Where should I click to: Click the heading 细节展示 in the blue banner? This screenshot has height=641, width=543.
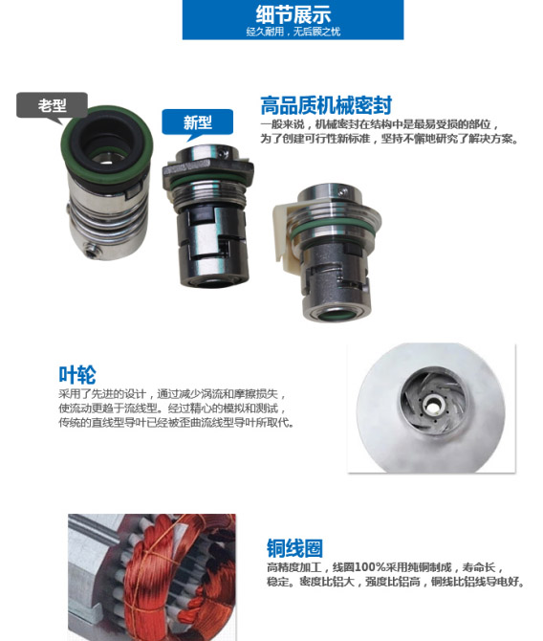(x=293, y=14)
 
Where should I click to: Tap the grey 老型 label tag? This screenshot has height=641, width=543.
(x=52, y=105)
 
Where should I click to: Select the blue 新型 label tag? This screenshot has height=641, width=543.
(x=197, y=122)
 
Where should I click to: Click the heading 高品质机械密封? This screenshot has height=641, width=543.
(x=326, y=105)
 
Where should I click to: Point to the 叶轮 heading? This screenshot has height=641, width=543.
(x=77, y=374)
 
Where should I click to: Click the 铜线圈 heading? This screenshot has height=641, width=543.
(x=294, y=548)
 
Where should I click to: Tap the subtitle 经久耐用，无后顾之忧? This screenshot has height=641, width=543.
(x=293, y=32)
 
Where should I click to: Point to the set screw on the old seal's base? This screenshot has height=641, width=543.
(x=90, y=250)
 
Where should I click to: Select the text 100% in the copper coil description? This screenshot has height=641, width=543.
(x=370, y=567)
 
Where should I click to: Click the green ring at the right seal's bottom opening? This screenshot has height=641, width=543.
(x=337, y=315)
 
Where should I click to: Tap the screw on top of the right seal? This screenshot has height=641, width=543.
(x=342, y=190)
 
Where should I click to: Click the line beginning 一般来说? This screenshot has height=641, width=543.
(x=380, y=124)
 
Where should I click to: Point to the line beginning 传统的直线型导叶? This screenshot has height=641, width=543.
(x=177, y=422)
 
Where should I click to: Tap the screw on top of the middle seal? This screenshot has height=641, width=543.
(x=222, y=153)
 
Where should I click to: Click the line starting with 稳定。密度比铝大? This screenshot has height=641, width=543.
(x=396, y=582)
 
